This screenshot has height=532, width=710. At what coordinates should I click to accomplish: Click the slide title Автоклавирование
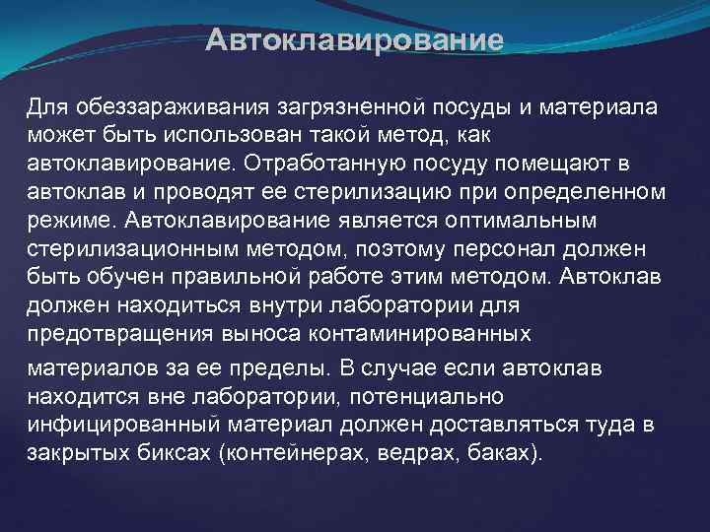355,41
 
